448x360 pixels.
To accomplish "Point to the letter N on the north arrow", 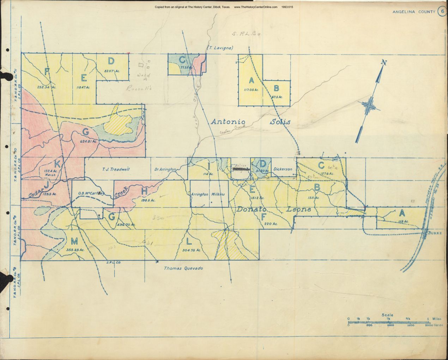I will [384, 63].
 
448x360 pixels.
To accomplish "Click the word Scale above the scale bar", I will [387, 315].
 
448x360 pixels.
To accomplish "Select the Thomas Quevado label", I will [183, 268].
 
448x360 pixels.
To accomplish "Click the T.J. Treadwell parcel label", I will [116, 169].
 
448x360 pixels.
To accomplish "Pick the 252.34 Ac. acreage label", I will [47, 86].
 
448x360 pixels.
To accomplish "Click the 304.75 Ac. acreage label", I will [192, 250].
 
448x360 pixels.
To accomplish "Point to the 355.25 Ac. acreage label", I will [75, 250].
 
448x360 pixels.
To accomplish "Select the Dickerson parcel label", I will [283, 169].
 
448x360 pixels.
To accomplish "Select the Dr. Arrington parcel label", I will [165, 170].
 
